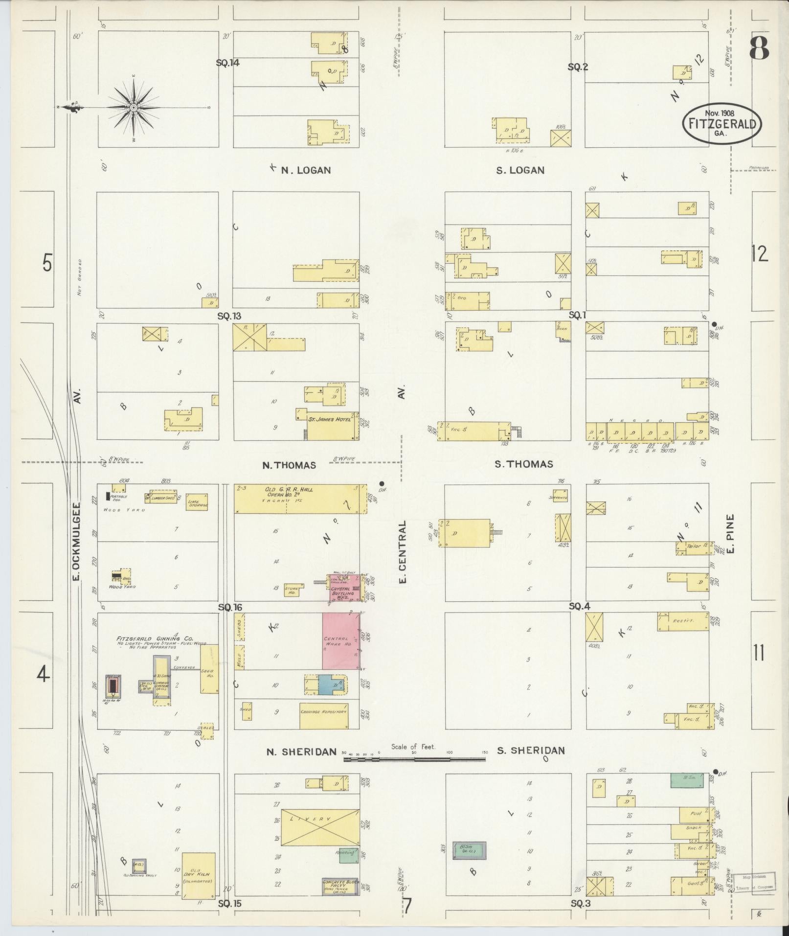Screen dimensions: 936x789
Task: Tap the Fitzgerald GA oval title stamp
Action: pyautogui.click(x=721, y=124)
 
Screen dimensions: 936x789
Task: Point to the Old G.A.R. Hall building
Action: pyautogui.click(x=299, y=498)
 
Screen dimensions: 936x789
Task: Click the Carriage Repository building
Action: pyautogui.click(x=324, y=715)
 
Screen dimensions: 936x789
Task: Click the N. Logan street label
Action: pyautogui.click(x=306, y=170)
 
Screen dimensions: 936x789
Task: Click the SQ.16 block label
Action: pyautogui.click(x=230, y=607)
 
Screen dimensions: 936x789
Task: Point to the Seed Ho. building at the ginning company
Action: pyautogui.click(x=209, y=668)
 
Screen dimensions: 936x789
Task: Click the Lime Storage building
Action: pyautogui.click(x=197, y=503)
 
